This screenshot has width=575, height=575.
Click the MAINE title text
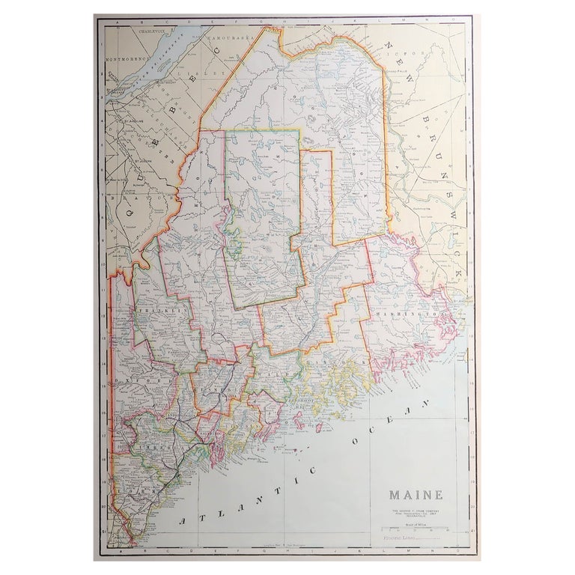coord(416,495)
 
